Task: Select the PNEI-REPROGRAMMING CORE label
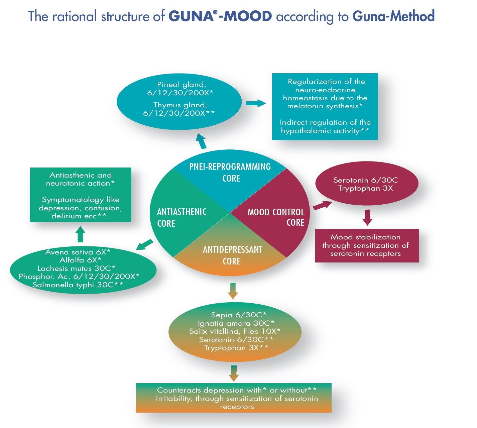pyautogui.click(x=230, y=172)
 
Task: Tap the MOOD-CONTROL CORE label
pyautogui.click(x=276, y=217)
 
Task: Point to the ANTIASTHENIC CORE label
pyautogui.click(x=182, y=217)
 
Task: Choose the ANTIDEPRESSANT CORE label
pyautogui.click(x=232, y=255)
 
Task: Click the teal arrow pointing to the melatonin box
pyautogui.click(x=256, y=103)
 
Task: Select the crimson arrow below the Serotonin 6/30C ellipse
pyautogui.click(x=367, y=217)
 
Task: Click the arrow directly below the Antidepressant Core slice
pyautogui.click(x=233, y=291)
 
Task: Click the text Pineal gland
pyautogui.click(x=182, y=85)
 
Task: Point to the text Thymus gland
pyautogui.click(x=180, y=105)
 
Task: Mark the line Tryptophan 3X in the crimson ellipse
pyautogui.click(x=365, y=188)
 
